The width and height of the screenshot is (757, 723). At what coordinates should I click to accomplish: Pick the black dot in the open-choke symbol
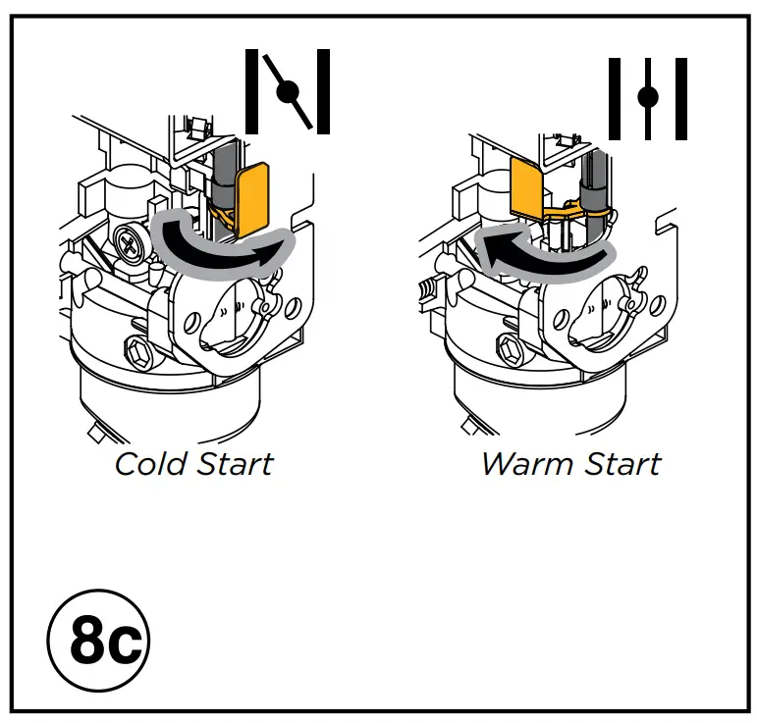click(x=647, y=96)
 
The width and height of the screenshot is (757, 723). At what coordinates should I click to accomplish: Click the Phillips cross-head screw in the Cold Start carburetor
click(x=128, y=239)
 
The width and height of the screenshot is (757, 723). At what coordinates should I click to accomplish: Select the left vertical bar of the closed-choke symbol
click(x=251, y=93)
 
